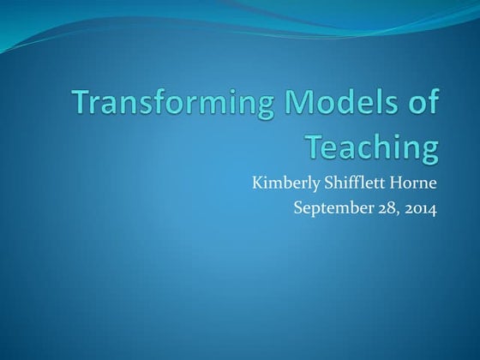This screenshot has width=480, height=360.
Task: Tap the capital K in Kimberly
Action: (256, 182)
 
